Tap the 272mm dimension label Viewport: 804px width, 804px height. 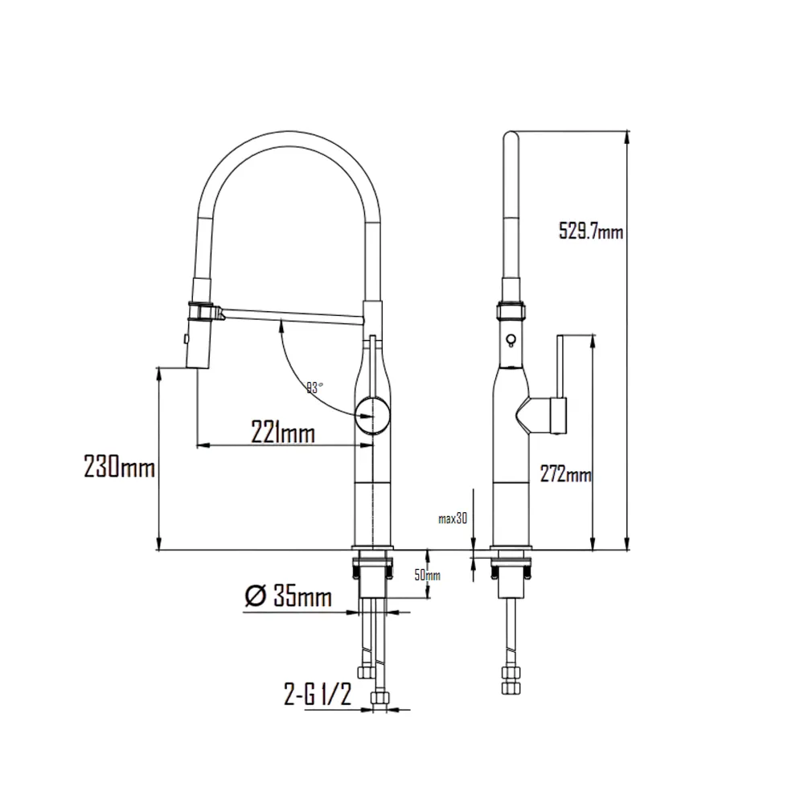(566, 475)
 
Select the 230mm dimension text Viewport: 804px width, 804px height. (119, 466)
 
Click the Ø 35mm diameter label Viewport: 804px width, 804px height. (287, 597)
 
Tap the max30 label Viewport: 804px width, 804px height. (453, 519)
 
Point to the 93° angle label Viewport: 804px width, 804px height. (314, 387)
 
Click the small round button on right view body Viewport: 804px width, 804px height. (508, 340)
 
